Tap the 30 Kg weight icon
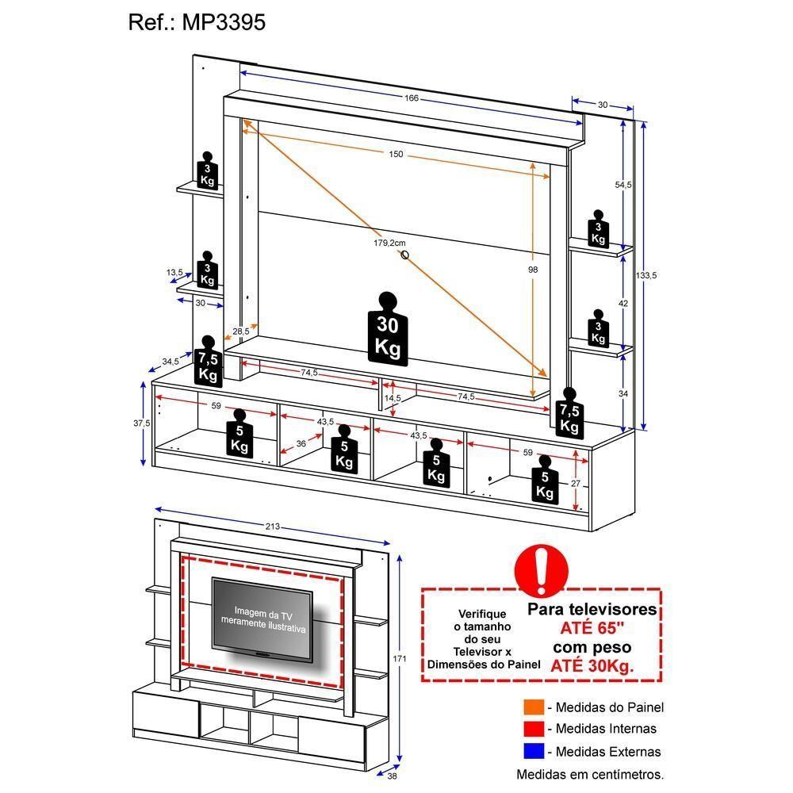pyautogui.click(x=388, y=329)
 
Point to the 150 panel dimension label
pyautogui.click(x=396, y=154)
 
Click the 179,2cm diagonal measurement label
pyautogui.click(x=390, y=243)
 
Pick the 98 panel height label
pyautogui.click(x=532, y=270)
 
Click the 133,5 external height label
pyautogui.click(x=646, y=275)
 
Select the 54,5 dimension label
pyautogui.click(x=623, y=185)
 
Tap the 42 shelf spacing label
pyautogui.click(x=623, y=303)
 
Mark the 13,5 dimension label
pyautogui.click(x=174, y=272)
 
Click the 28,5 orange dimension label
pyautogui.click(x=241, y=331)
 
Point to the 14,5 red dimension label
pyautogui.click(x=392, y=397)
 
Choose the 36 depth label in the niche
pyautogui.click(x=301, y=443)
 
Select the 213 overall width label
pyautogui.click(x=272, y=527)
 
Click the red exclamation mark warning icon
pyautogui.click(x=542, y=569)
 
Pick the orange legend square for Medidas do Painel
pyautogui.click(x=534, y=707)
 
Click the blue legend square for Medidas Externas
pyautogui.click(x=534, y=751)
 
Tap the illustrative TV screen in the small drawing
pyautogui.click(x=262, y=619)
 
